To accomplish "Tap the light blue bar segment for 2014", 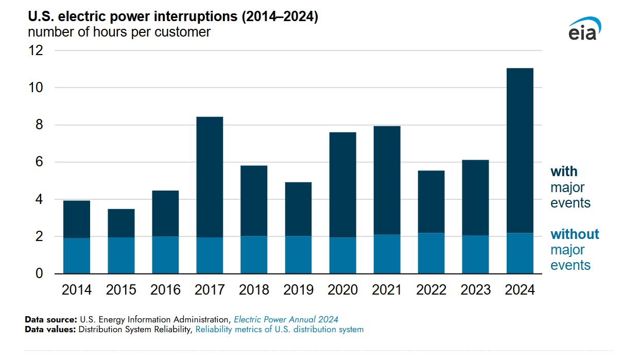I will click(x=77, y=255).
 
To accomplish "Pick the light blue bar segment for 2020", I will click(x=342, y=255).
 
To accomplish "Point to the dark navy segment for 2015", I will click(x=121, y=223).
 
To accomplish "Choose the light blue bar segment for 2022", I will click(x=431, y=253).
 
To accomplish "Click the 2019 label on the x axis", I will click(x=298, y=290).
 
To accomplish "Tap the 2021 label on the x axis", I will click(x=387, y=290).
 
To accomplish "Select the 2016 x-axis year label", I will click(x=165, y=290).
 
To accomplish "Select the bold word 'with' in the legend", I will click(x=564, y=172).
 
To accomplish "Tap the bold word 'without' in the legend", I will click(x=575, y=234).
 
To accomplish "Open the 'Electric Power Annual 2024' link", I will click(x=286, y=319).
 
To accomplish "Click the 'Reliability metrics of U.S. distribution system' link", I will click(x=279, y=330).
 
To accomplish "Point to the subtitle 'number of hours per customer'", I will click(x=119, y=32).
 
